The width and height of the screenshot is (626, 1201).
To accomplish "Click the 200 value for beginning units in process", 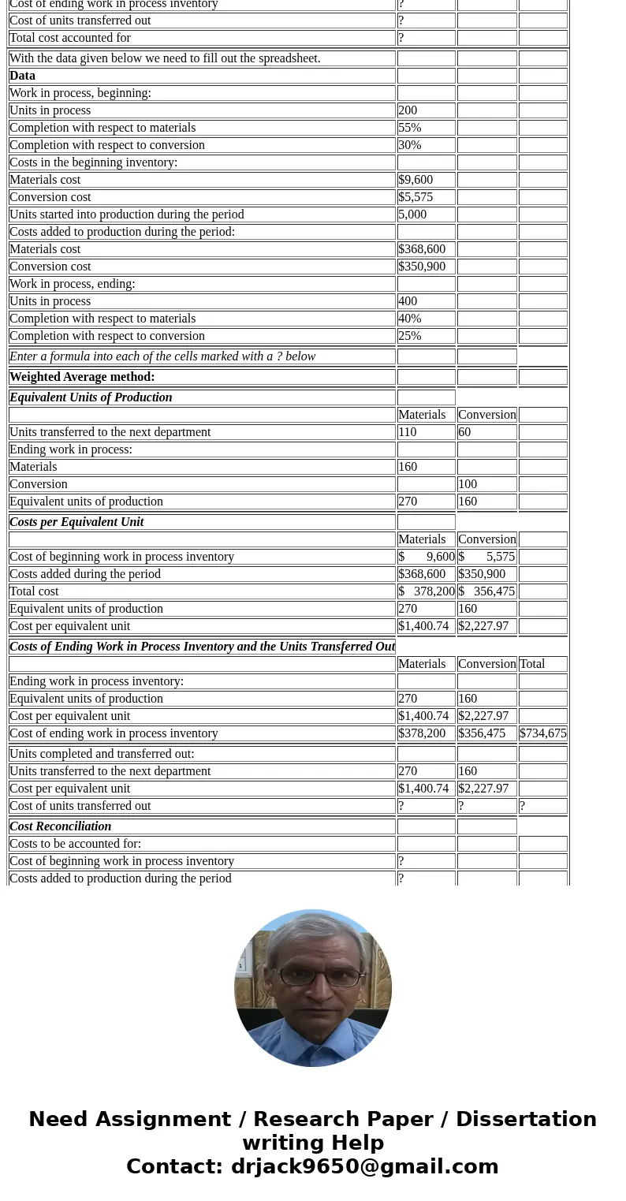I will click(408, 110).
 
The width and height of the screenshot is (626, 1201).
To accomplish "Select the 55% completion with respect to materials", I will click(410, 128).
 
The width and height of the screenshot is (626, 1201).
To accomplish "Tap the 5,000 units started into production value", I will click(412, 214).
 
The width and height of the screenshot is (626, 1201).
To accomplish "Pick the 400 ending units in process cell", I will click(408, 301).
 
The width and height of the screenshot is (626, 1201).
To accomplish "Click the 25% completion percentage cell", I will click(410, 336).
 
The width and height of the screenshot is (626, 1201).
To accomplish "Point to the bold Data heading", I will click(22, 76).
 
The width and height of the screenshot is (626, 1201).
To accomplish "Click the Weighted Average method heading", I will click(82, 377).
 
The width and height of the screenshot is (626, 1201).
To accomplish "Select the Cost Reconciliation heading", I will click(60, 826).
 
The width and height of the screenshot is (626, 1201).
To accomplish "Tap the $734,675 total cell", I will click(542, 733).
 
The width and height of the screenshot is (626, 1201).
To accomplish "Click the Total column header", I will click(532, 664).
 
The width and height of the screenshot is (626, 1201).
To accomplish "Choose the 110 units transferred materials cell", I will click(408, 432).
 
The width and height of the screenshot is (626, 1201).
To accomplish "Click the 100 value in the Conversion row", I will click(468, 484).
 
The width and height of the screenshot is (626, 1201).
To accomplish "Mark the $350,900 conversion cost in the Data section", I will click(422, 267).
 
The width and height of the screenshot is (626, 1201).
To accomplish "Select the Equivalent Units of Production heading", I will click(91, 397).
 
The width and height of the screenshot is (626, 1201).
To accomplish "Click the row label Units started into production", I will click(126, 214).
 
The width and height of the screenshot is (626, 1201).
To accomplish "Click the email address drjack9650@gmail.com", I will click(364, 1166).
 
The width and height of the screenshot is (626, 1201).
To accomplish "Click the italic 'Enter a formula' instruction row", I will click(162, 356).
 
